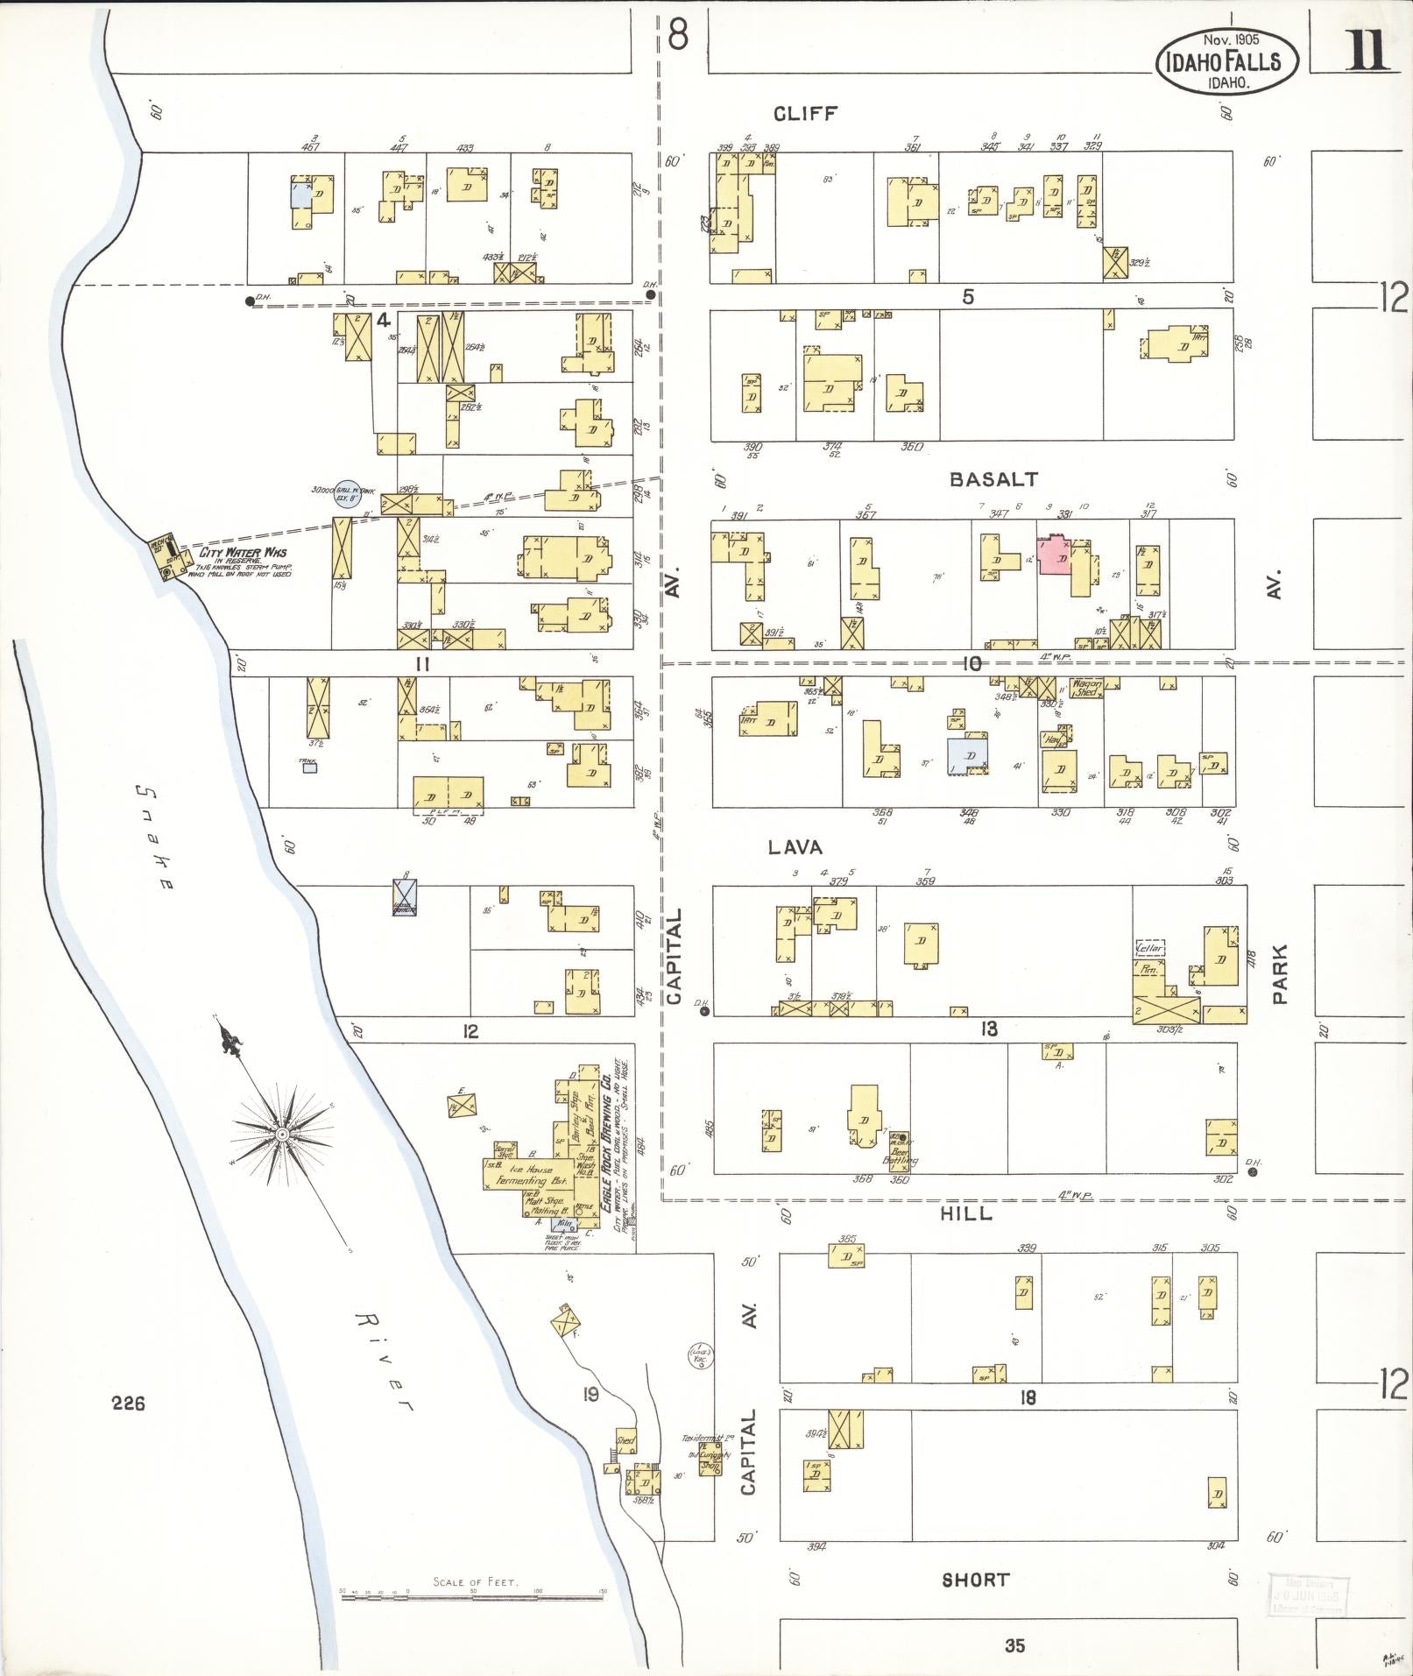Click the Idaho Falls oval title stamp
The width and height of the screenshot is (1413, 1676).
1227,60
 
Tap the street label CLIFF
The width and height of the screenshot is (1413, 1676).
806,113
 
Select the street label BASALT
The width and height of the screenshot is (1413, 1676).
994,479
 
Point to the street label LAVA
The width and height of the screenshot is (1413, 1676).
795,847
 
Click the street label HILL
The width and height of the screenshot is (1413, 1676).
966,1213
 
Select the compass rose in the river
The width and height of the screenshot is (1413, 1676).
282,1134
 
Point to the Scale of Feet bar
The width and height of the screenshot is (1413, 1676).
473,1598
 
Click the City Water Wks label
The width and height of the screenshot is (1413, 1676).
243,552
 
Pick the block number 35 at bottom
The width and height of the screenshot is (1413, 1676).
1014,1645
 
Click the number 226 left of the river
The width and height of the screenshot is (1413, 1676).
128,1404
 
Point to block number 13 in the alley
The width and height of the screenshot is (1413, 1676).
988,1029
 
